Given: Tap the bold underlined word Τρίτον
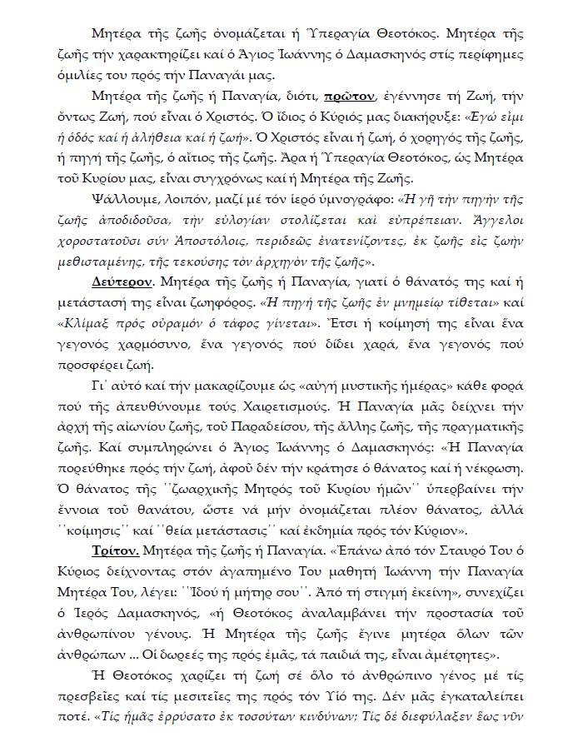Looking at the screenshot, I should pyautogui.click(x=117, y=550).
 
